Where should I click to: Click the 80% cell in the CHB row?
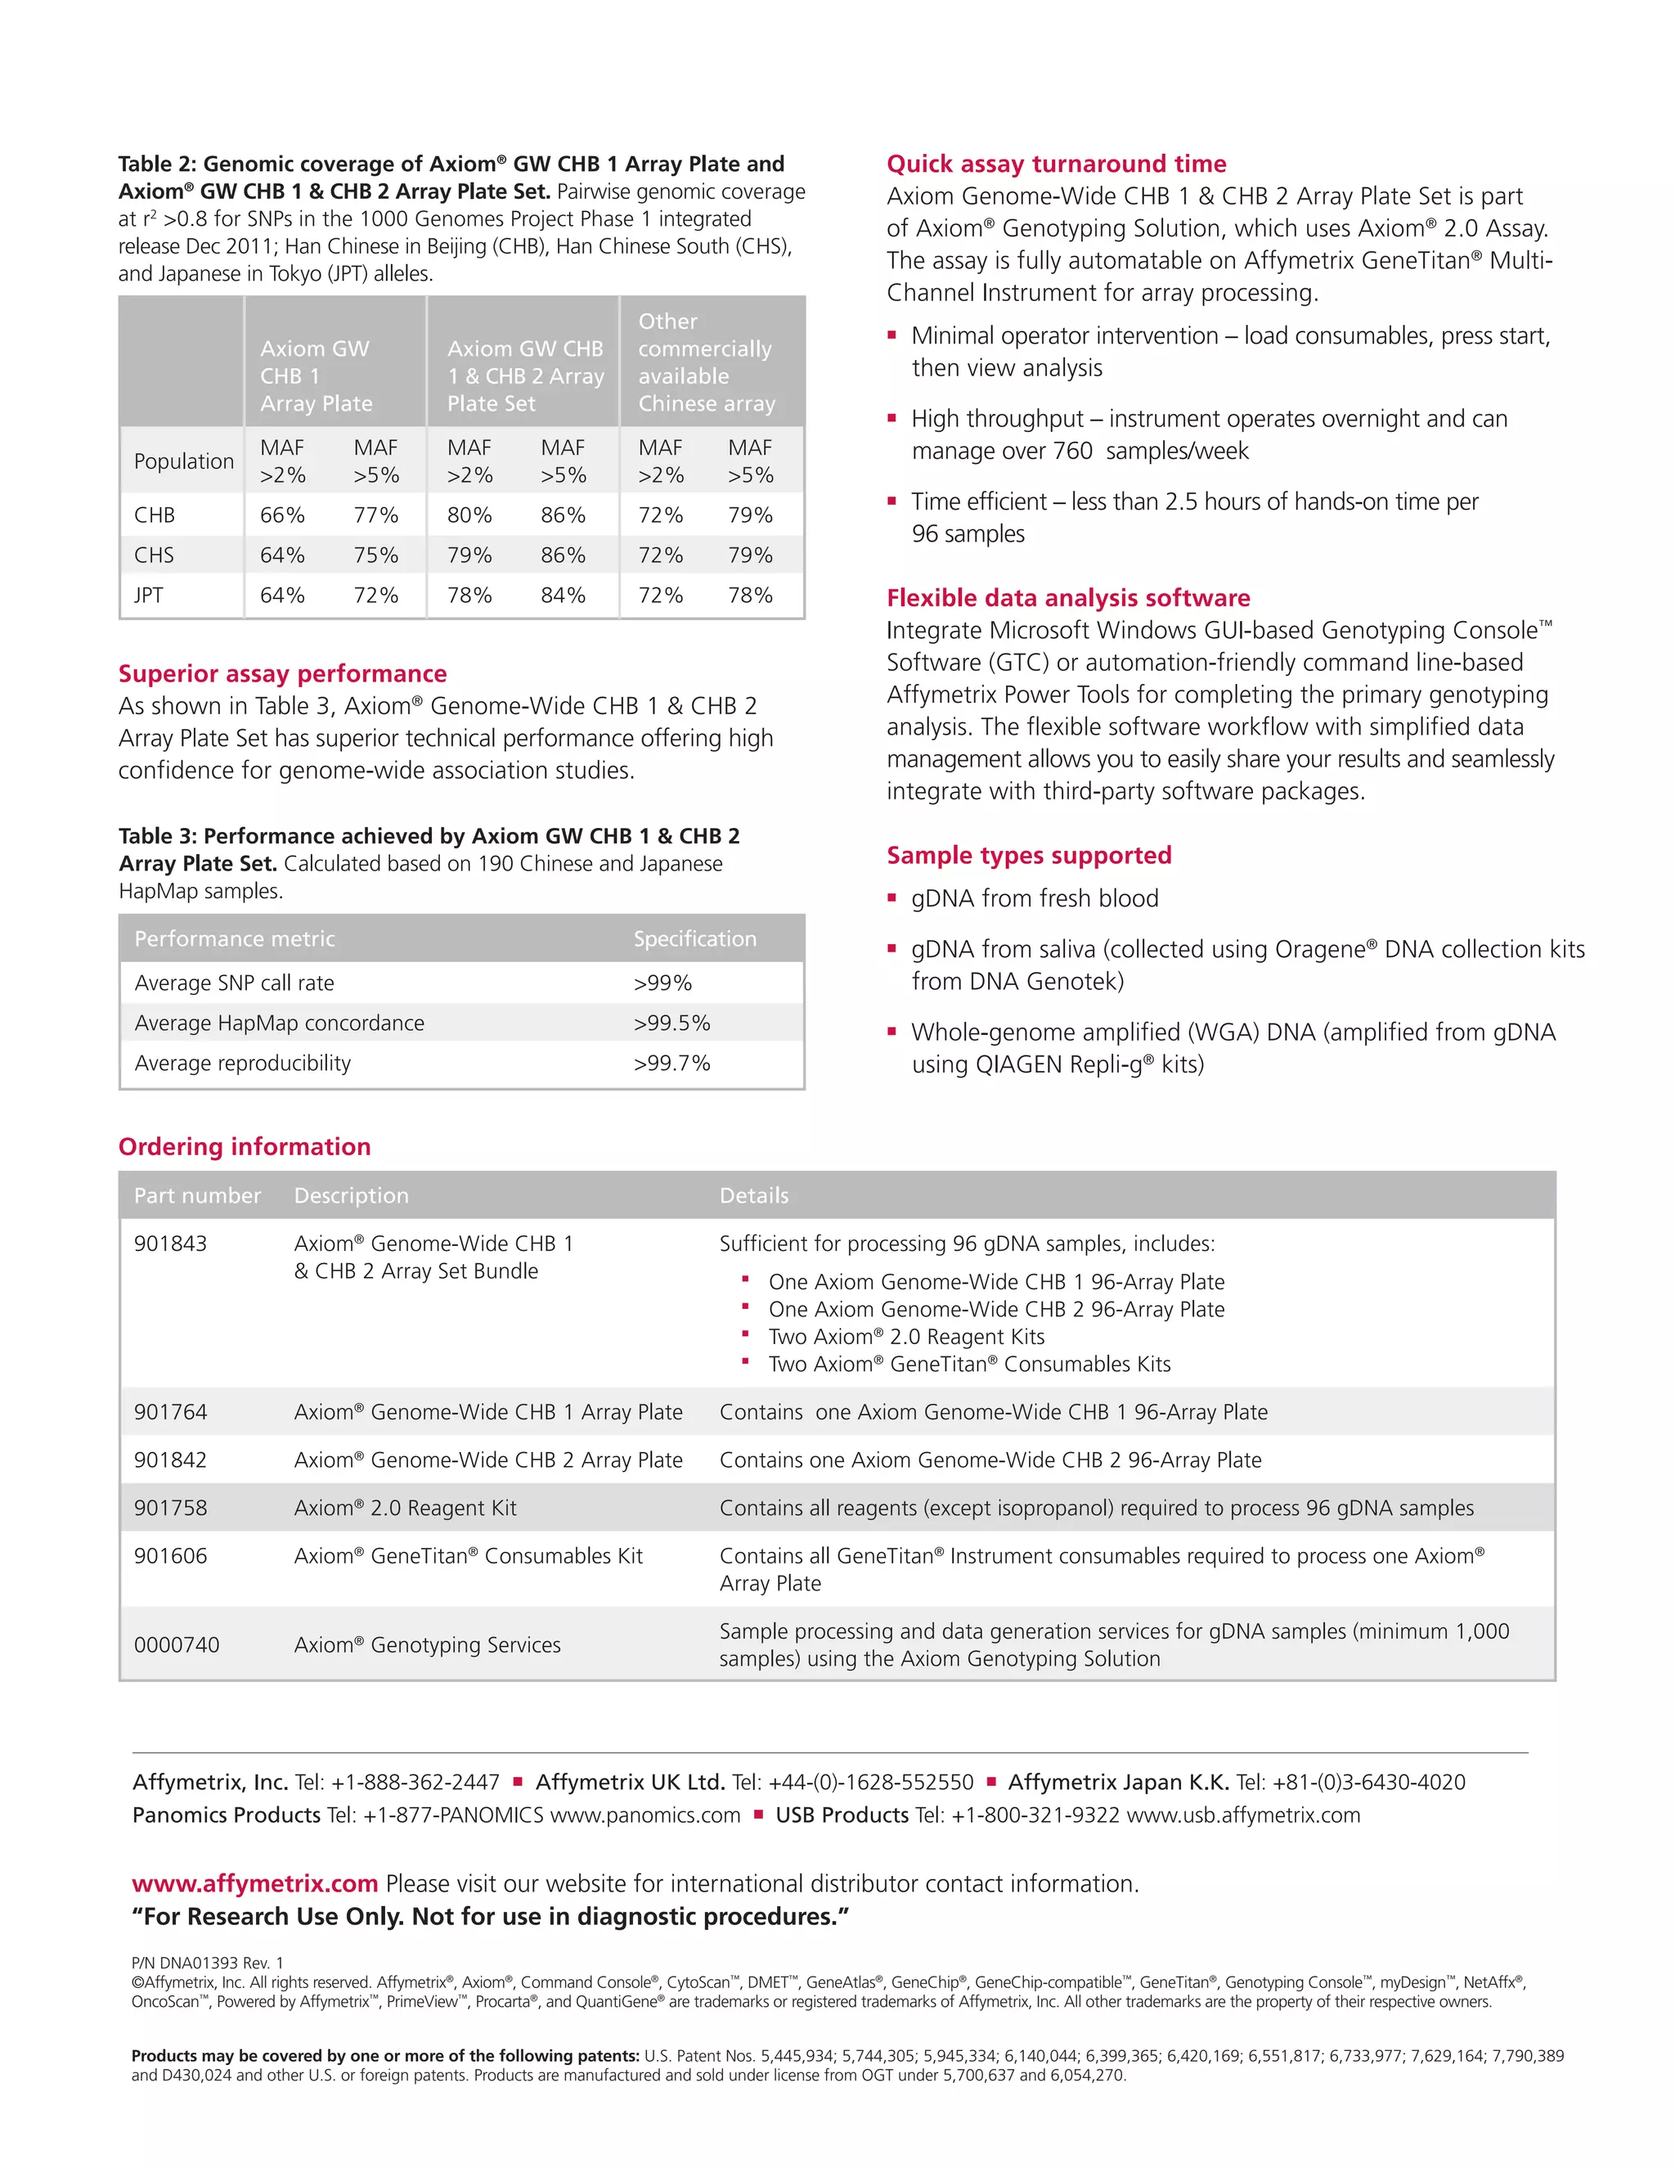click(x=469, y=515)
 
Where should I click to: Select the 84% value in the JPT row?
click(x=563, y=596)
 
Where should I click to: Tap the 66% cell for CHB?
click(x=282, y=515)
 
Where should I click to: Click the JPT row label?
click(x=149, y=596)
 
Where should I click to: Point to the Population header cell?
click(x=183, y=461)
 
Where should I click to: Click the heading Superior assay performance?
click(x=282, y=674)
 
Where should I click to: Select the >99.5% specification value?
click(x=671, y=1023)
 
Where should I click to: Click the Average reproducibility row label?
click(x=242, y=1064)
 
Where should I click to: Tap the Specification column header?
click(x=694, y=939)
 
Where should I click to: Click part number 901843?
click(x=171, y=1244)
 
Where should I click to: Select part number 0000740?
click(x=177, y=1645)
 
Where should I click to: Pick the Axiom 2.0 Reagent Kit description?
click(x=405, y=1508)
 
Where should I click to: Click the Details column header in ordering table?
click(x=754, y=1196)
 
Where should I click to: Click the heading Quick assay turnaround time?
click(x=1056, y=164)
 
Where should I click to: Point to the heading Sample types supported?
click(x=1028, y=856)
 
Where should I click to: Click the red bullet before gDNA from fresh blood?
click(x=891, y=898)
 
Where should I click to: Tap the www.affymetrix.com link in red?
click(x=255, y=1884)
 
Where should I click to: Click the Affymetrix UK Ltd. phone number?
click(x=853, y=1783)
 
